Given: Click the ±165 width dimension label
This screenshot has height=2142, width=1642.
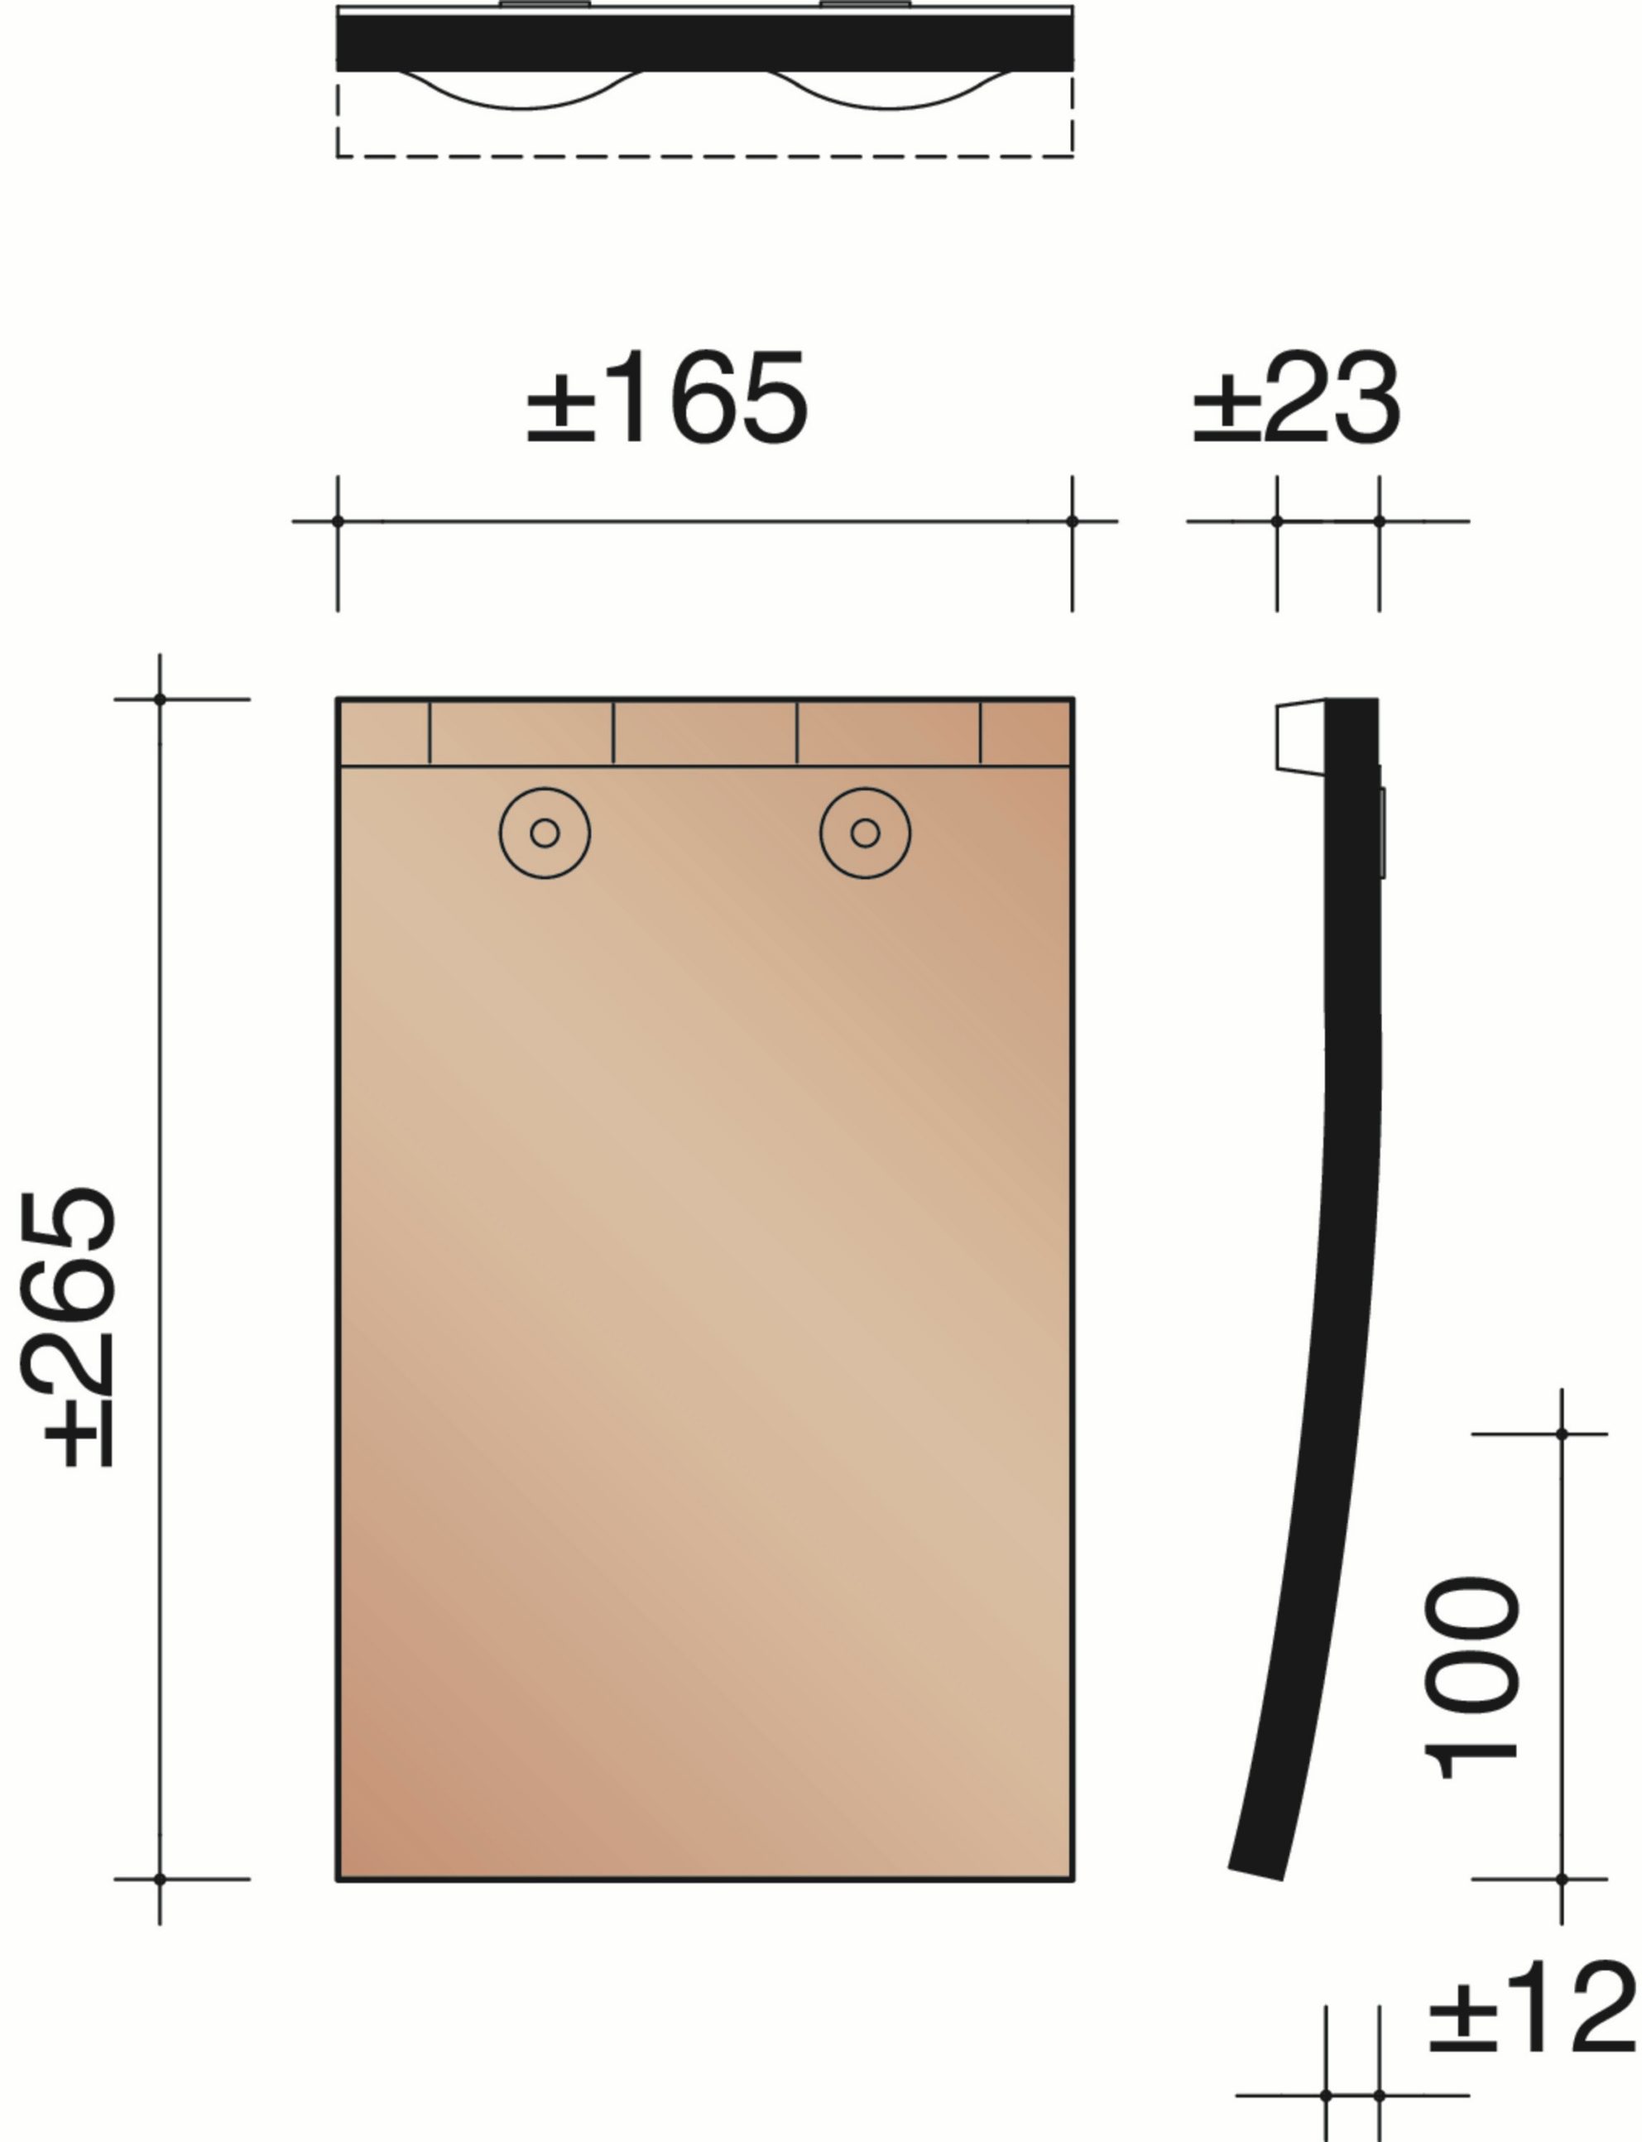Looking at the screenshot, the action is coord(668,398).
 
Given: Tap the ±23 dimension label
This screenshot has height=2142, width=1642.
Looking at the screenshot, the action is coord(1297,399).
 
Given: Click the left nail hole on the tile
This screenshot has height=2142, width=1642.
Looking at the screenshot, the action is coord(545,833).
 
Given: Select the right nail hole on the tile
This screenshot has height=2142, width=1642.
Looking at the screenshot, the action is coord(865,833).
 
